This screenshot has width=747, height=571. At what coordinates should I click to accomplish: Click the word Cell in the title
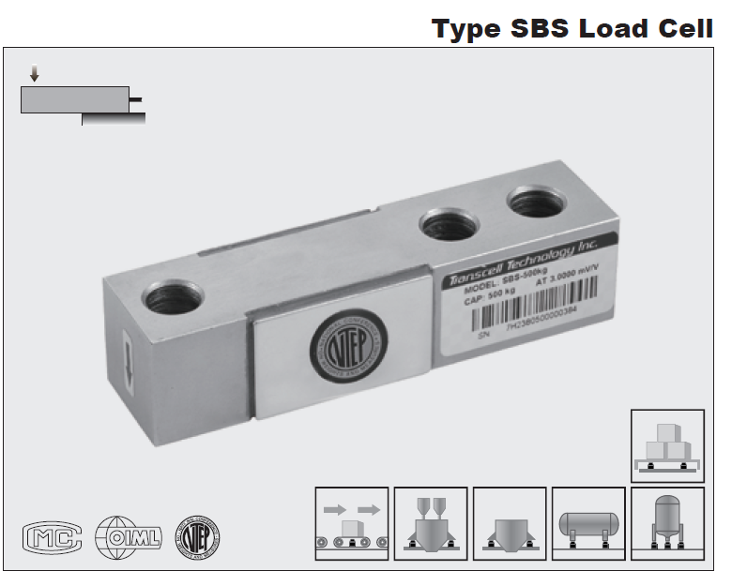[679, 28]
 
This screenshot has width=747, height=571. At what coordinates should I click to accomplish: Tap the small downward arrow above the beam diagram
[35, 74]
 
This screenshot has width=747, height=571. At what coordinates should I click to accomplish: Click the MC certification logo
[53, 537]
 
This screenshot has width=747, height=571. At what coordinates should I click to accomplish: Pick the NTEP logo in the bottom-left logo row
[199, 536]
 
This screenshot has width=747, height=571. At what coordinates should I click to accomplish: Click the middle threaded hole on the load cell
[448, 224]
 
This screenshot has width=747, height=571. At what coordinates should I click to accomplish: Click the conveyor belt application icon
[352, 523]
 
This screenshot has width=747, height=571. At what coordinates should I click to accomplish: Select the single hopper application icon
[510, 523]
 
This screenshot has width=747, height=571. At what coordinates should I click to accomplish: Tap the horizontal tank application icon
[588, 523]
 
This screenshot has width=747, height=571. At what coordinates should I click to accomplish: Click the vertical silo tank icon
[667, 523]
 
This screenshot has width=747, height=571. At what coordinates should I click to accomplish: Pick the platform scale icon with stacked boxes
[667, 445]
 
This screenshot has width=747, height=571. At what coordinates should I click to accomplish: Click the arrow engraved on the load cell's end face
[129, 362]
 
